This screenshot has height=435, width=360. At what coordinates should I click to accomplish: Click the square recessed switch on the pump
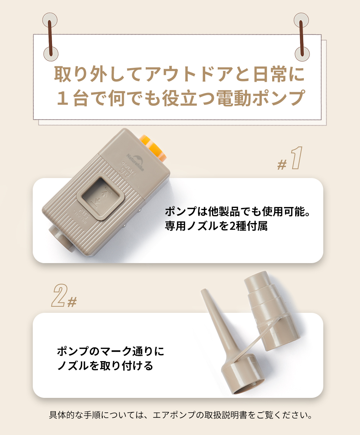(101, 196)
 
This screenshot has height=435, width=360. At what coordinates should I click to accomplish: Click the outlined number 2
(60, 295)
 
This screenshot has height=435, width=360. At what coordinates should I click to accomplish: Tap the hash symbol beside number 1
(282, 165)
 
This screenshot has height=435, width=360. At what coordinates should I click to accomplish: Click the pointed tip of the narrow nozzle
(203, 290)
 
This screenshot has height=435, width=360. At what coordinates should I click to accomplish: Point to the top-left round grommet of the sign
(50, 20)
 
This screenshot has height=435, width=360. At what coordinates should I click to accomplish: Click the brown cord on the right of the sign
(302, 38)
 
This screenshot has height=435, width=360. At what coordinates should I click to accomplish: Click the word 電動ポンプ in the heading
(261, 98)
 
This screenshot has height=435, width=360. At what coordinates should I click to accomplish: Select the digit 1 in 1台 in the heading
(62, 98)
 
